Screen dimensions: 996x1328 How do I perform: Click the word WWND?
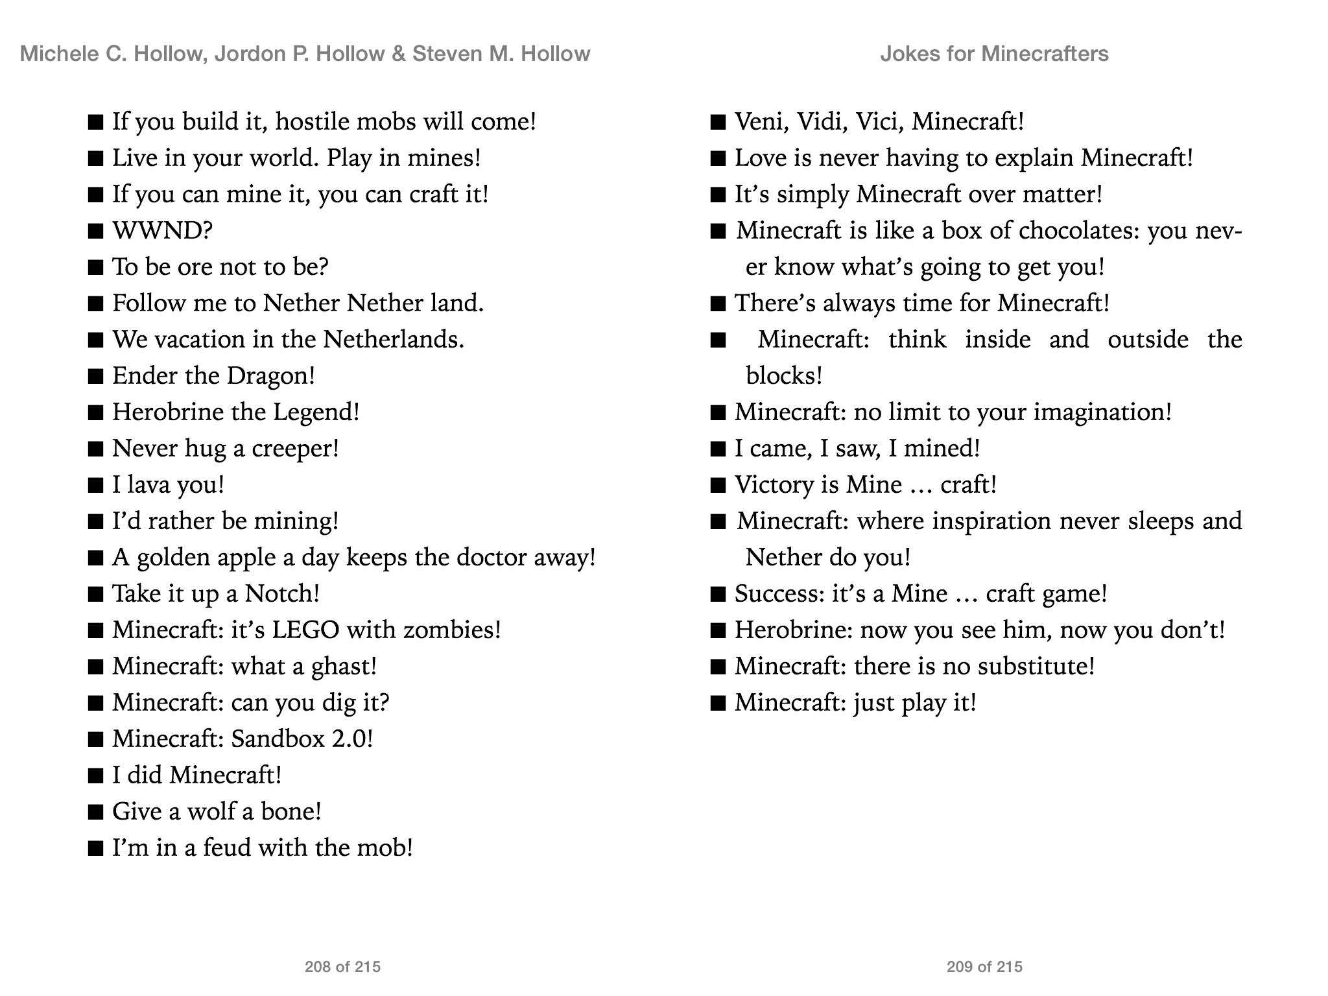coord(162,231)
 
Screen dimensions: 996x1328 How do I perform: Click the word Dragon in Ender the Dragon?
coord(270,376)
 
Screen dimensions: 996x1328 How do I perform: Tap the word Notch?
coord(281,594)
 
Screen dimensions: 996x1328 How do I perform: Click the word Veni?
coord(761,122)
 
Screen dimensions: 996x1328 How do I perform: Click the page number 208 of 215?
coord(342,967)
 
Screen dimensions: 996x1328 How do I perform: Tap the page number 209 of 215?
coord(984,967)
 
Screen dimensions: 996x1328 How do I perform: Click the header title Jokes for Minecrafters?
coord(994,53)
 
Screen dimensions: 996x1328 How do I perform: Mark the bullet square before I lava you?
coord(95,486)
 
